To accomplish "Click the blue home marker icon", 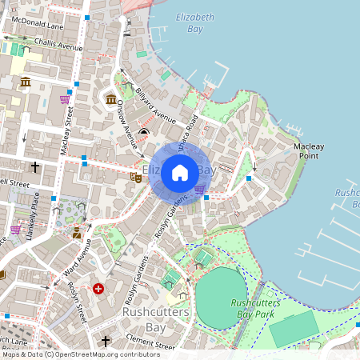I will pyautogui.click(x=180, y=172).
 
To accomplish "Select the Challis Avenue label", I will pyautogui.click(x=54, y=46).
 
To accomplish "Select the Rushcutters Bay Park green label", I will pyautogui.click(x=254, y=308).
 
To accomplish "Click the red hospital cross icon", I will pyautogui.click(x=98, y=288).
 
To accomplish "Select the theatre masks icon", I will pyautogui.click(x=136, y=177).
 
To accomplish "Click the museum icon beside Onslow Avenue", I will pyautogui.click(x=111, y=98).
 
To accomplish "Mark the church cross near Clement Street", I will pyautogui.click(x=106, y=342).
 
